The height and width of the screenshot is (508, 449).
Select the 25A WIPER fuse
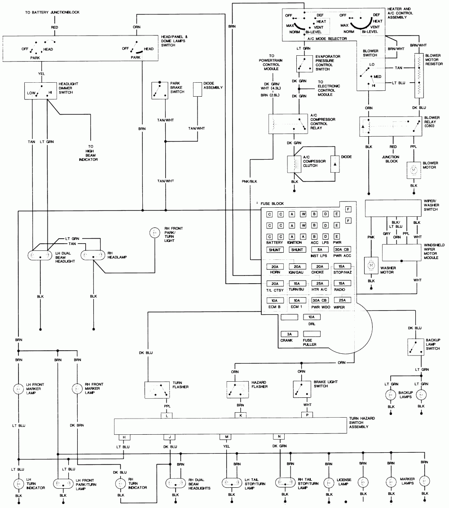click(342, 300)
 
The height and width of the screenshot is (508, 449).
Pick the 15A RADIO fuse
click(342, 283)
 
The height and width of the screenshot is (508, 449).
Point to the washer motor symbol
click(371, 265)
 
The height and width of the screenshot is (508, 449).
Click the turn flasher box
click(156, 389)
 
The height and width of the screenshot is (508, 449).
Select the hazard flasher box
click(238, 389)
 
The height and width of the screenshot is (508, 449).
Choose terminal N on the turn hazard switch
click(279, 437)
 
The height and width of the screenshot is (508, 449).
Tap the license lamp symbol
click(330, 483)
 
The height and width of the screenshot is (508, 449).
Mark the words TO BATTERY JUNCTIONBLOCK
click(53, 12)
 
